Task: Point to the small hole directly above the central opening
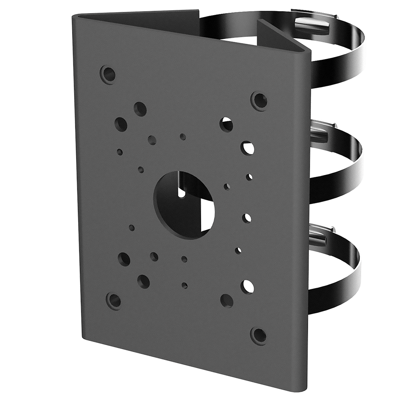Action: click(x=183, y=137)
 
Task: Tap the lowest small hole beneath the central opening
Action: click(x=184, y=285)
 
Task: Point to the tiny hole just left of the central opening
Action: click(x=141, y=170)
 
